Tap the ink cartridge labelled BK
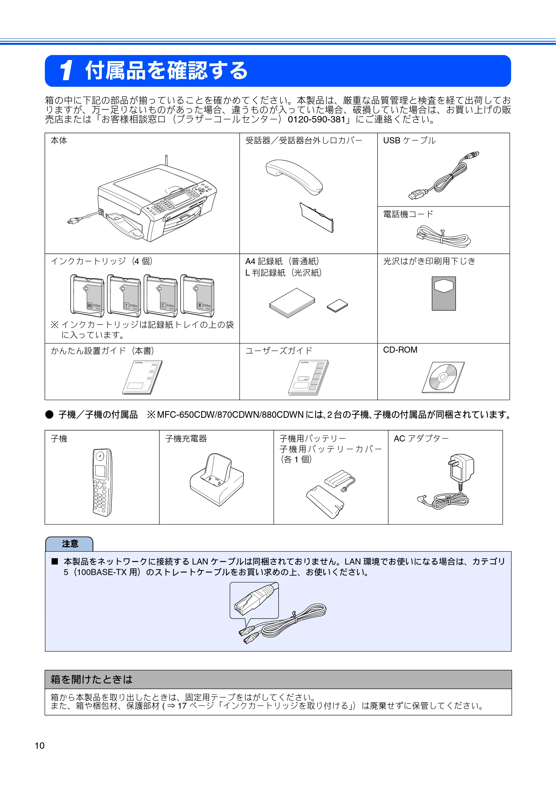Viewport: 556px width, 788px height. pyautogui.click(x=87, y=295)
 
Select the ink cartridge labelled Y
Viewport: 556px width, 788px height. pyautogui.click(x=124, y=295)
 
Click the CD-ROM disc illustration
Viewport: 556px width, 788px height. pyautogui.click(x=443, y=377)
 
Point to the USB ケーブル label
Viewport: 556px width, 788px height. pyautogui.click(x=409, y=140)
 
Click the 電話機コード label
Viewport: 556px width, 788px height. pyautogui.click(x=408, y=214)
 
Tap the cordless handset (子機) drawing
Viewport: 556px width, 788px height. pyautogui.click(x=102, y=482)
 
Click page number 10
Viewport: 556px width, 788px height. pyautogui.click(x=39, y=745)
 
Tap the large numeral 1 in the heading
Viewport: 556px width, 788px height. pyautogui.click(x=66, y=70)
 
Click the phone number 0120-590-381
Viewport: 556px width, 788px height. pyautogui.click(x=316, y=119)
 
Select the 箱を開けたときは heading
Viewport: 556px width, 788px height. pyautogui.click(x=91, y=679)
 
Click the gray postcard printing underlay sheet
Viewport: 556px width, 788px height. pyautogui.click(x=444, y=293)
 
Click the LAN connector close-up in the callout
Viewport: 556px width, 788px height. pyautogui.click(x=254, y=600)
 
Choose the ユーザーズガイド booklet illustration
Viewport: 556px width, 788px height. pyautogui.click(x=309, y=377)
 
